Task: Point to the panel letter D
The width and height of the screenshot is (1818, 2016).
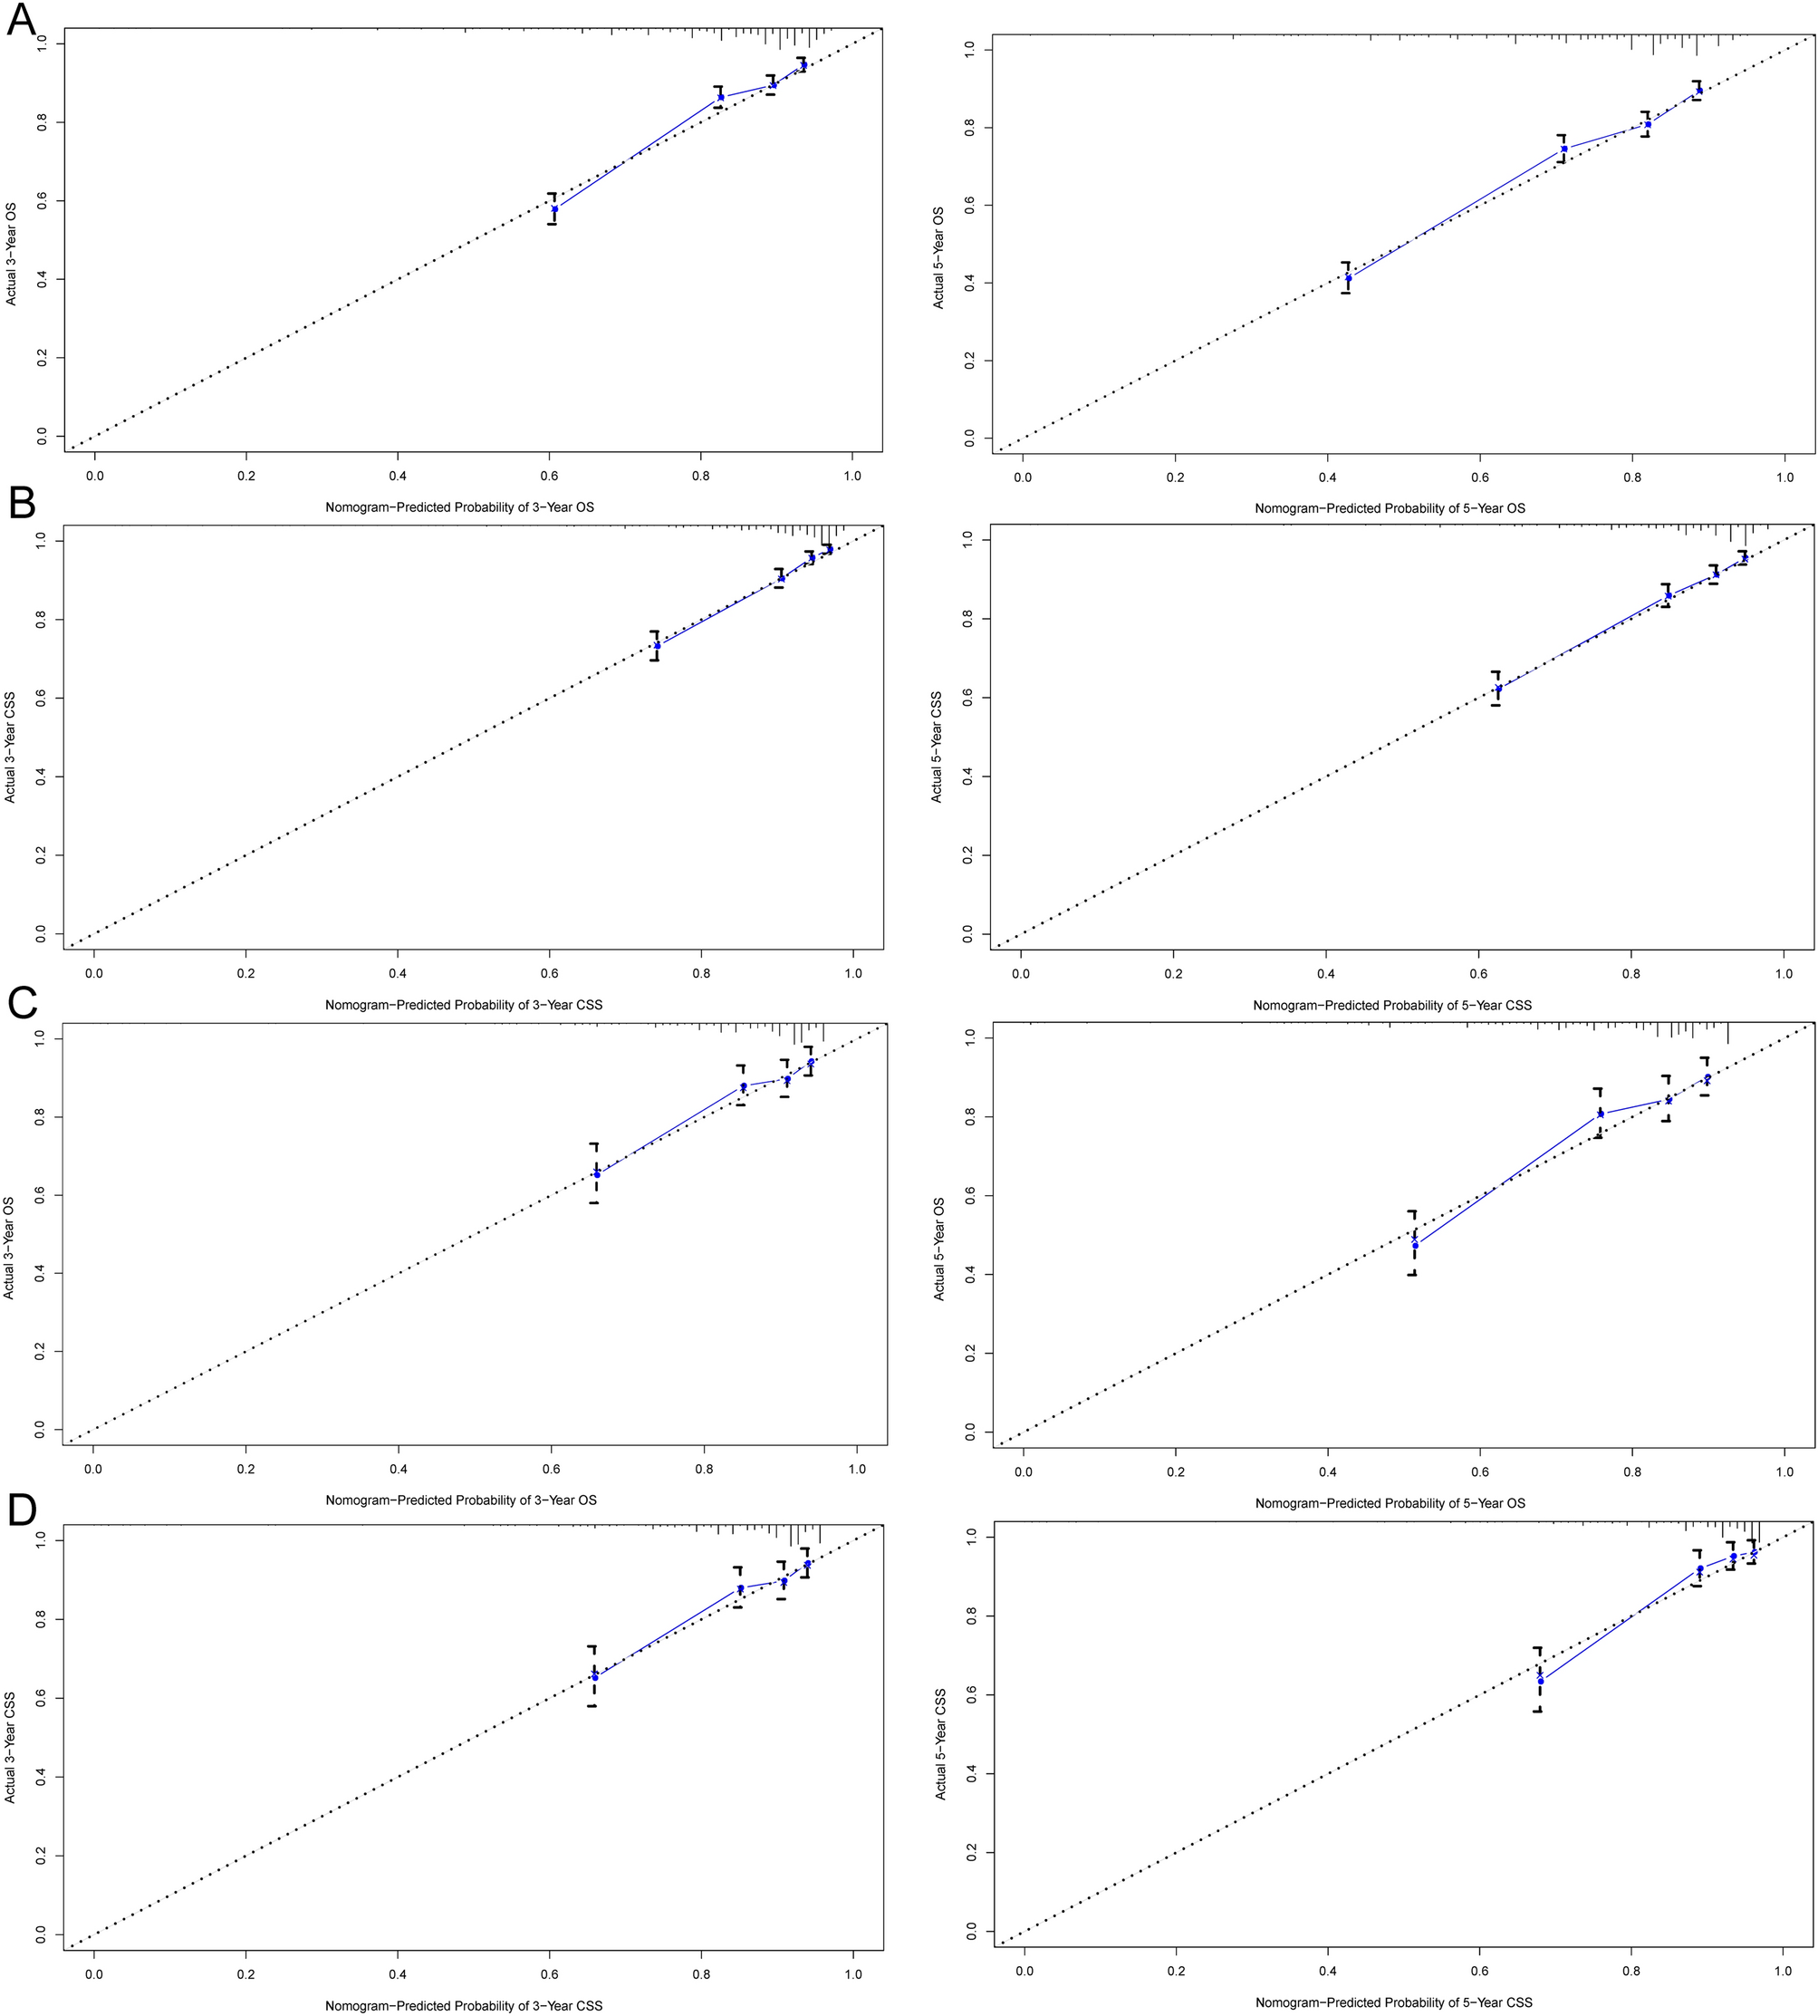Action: [x=22, y=1511]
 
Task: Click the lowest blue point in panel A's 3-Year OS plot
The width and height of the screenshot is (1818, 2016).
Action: [x=554, y=208]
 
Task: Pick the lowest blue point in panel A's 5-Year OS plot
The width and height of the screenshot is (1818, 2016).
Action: [x=1349, y=278]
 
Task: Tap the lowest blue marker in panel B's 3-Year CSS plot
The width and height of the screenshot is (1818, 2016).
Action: [x=657, y=645]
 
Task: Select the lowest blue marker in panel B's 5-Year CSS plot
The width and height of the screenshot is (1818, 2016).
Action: [x=1497, y=689]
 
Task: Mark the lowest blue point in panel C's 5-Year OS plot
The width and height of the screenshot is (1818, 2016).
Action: [x=1414, y=1245]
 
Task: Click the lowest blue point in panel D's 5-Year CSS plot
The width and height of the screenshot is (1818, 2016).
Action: [x=1540, y=1681]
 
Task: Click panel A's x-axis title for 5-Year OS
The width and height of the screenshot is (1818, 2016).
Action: [x=1390, y=508]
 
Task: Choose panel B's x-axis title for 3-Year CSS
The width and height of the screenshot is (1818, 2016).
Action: [x=464, y=1004]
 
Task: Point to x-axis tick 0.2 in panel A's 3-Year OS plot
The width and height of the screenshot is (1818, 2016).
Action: [x=245, y=477]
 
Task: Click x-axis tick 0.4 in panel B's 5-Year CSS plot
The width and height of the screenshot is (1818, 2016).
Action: [x=1325, y=973]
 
